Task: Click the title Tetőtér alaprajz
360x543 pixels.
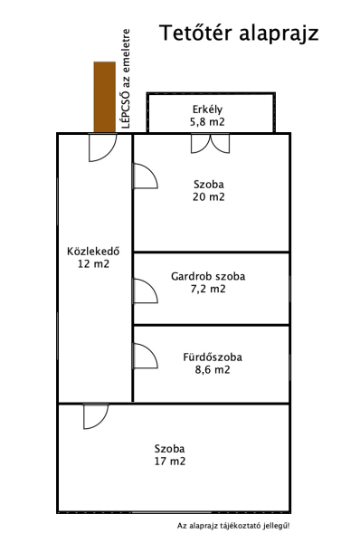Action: coord(239,33)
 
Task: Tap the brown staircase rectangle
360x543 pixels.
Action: coord(105,97)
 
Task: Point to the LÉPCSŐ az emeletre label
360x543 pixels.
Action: coord(126,79)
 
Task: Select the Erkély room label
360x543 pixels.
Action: coord(207,110)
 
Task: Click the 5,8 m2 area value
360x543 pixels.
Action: coord(207,122)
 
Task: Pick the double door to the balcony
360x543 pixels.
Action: coord(210,144)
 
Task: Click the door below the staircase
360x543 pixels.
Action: coord(103,148)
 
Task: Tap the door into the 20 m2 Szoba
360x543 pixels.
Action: coord(146,176)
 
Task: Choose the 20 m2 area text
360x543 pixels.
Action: coord(209,196)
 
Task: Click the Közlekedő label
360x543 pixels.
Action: coord(93,251)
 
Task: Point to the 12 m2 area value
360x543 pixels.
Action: coord(93,263)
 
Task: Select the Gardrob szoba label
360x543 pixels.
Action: coord(208,276)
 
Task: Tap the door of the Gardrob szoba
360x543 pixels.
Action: coord(146,291)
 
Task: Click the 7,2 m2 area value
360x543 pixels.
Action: coord(208,289)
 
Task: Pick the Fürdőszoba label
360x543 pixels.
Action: coord(213,357)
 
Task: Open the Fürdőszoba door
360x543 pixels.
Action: coord(146,356)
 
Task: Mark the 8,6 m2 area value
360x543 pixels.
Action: coord(213,369)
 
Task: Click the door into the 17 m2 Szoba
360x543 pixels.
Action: coord(96,416)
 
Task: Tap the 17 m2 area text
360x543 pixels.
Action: coord(170,462)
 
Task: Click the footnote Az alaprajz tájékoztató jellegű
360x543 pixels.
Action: coord(233,526)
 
